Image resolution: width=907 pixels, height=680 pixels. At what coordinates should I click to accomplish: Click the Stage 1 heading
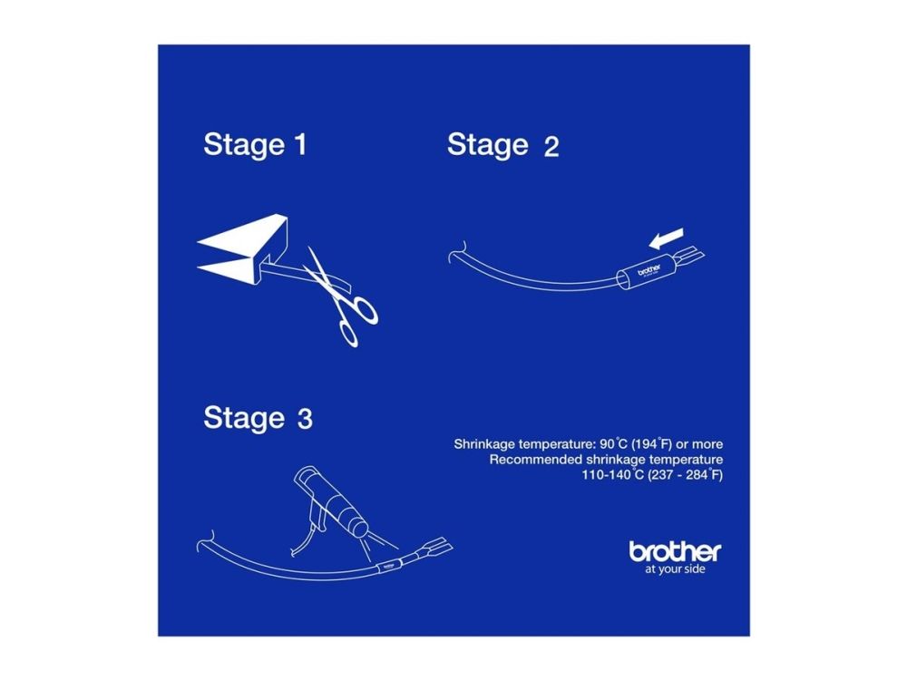pos(255,144)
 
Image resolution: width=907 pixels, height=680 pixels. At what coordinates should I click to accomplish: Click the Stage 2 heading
pos(502,144)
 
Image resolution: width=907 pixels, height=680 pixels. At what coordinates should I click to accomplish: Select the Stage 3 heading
pos(258,417)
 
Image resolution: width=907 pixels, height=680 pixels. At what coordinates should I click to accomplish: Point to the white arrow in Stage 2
pos(666,238)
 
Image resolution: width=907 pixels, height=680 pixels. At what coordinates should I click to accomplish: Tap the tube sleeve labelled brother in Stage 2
pos(646,272)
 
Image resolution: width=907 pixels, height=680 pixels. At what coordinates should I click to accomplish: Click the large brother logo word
pos(675,551)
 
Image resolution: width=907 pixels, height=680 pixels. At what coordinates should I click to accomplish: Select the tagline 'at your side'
pos(675,569)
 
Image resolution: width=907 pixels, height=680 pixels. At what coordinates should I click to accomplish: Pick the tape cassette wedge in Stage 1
pos(248,248)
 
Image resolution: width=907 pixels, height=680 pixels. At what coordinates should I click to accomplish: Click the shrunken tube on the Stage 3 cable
pos(387,566)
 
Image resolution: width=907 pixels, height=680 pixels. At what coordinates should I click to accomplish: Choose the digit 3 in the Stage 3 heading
pos(305,419)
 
